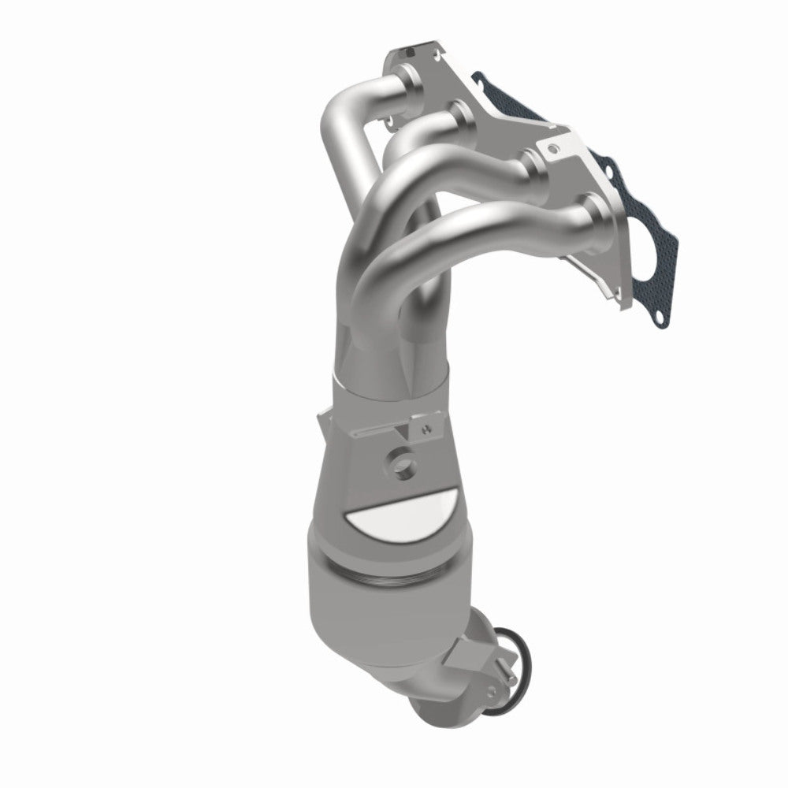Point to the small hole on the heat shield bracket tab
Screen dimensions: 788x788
point(426,430)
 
